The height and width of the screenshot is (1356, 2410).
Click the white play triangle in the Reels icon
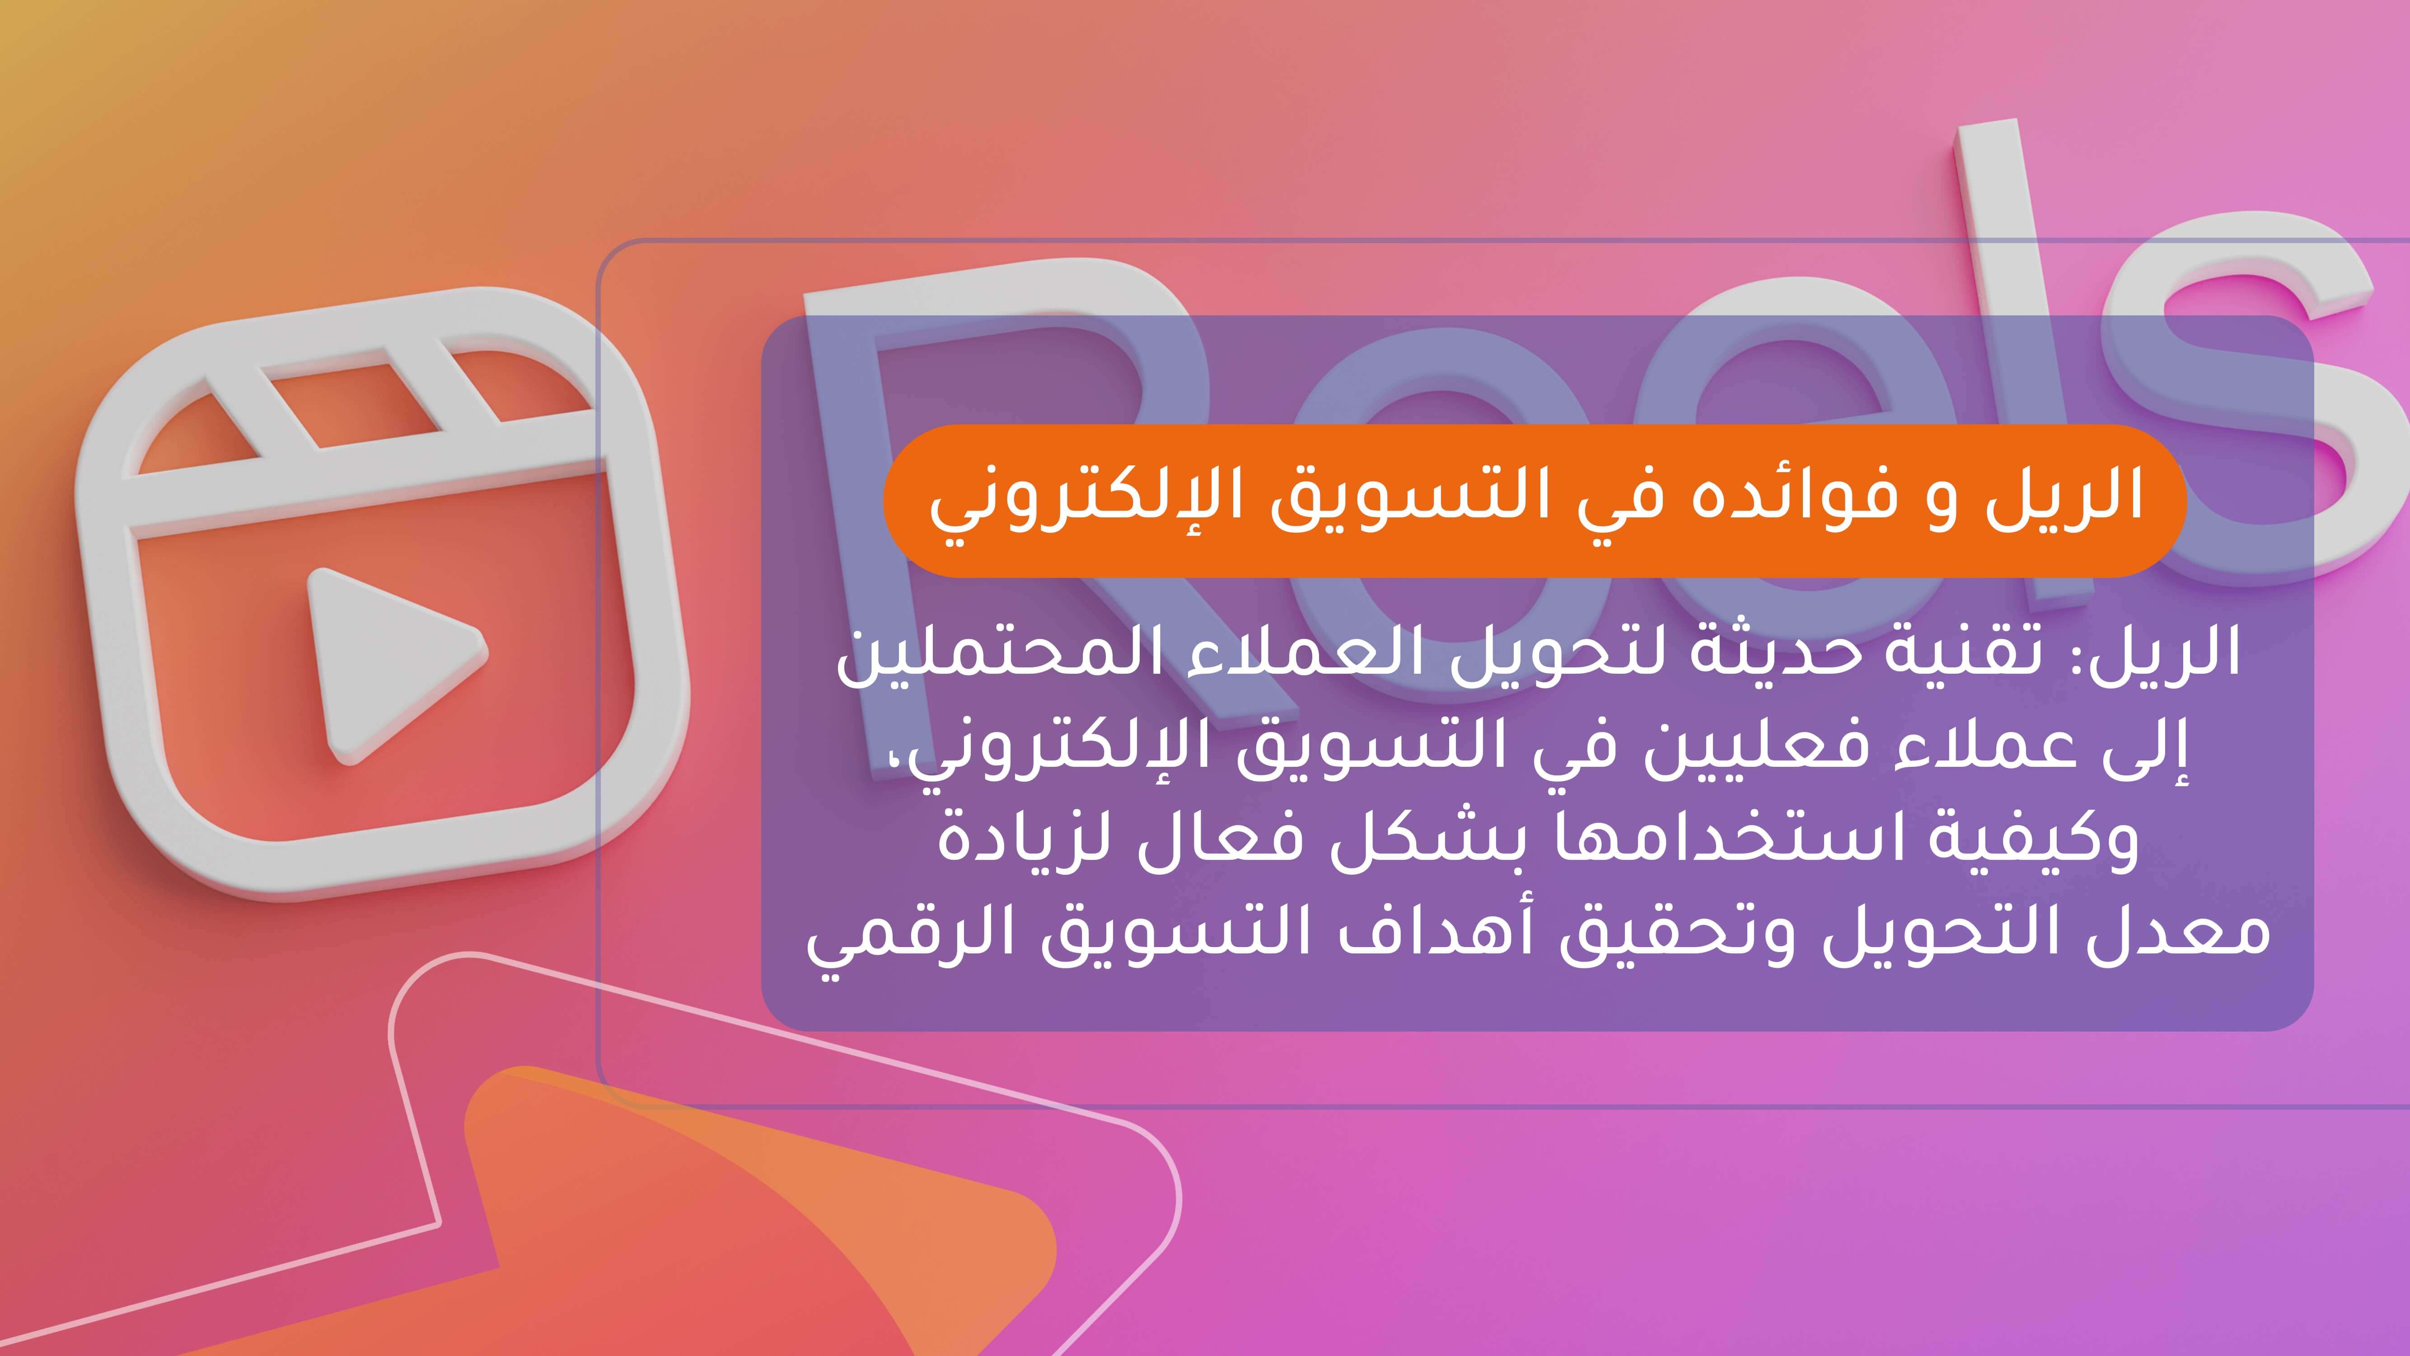[x=388, y=660]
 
